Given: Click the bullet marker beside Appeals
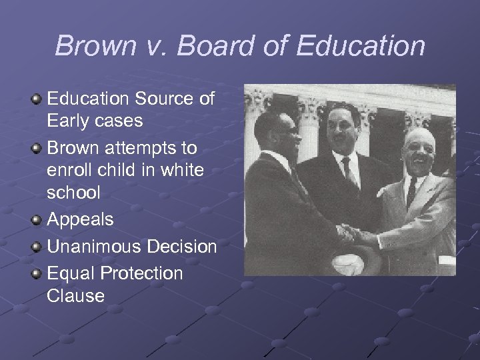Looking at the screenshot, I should pos(37,219).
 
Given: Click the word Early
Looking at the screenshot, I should pos(68,121).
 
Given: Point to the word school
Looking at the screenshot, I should pos(73,192).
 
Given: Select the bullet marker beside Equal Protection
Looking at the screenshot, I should pos(37,273).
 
